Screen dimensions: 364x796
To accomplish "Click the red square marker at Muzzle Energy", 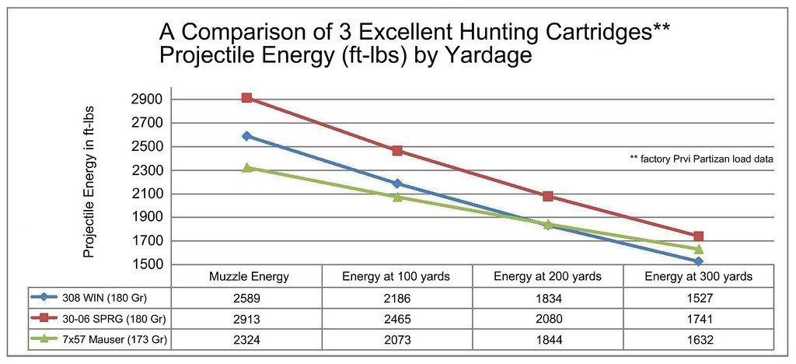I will coord(246,98).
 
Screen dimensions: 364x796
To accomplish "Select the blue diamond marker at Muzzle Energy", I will coord(246,136).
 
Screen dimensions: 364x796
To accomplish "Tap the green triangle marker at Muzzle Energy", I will coord(246,167).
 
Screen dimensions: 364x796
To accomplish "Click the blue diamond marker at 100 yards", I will coord(397,184).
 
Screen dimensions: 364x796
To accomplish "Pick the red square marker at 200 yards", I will coord(548,196).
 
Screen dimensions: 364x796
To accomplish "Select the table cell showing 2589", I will coord(246,297).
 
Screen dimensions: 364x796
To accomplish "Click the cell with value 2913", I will coord(246,319).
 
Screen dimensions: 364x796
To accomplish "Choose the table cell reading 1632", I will coord(698,340).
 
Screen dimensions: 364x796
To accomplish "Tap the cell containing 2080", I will coord(548,319).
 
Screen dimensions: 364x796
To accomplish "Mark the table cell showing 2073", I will coord(397,340).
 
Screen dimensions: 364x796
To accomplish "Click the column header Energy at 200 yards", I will coord(548,276).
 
